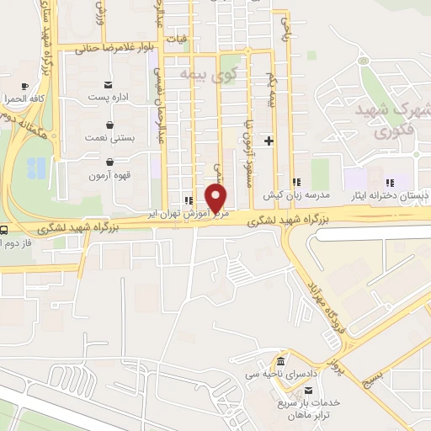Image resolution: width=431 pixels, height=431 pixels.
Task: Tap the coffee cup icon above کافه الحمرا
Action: (25, 86)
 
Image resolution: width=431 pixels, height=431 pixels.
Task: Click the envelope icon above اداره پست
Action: (109, 85)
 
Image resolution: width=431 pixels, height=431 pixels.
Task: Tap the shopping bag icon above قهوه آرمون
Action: (109, 162)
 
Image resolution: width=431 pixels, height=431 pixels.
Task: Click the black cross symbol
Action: (269, 141)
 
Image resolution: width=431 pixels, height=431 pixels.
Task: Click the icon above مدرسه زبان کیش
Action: (295, 182)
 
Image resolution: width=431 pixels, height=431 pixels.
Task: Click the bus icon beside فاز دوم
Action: (5, 230)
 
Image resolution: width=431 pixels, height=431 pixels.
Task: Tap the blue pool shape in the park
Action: (35, 168)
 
